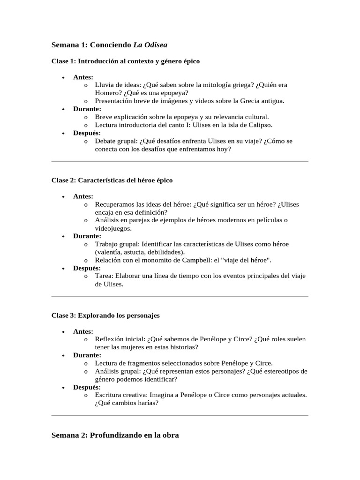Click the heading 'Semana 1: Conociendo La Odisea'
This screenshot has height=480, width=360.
[x=109, y=45]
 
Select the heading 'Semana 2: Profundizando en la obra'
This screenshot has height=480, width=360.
[x=115, y=435]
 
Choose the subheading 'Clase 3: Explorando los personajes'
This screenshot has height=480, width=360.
[x=105, y=315]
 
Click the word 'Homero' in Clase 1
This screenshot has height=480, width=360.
[x=107, y=93]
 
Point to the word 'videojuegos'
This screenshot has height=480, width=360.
[x=113, y=228]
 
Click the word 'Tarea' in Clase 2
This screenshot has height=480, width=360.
[x=104, y=276]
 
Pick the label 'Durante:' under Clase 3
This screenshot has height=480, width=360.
[x=87, y=355]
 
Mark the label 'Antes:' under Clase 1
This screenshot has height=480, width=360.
[x=83, y=77]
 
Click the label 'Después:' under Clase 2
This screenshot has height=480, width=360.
[x=87, y=268]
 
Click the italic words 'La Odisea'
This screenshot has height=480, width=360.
[x=150, y=45]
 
